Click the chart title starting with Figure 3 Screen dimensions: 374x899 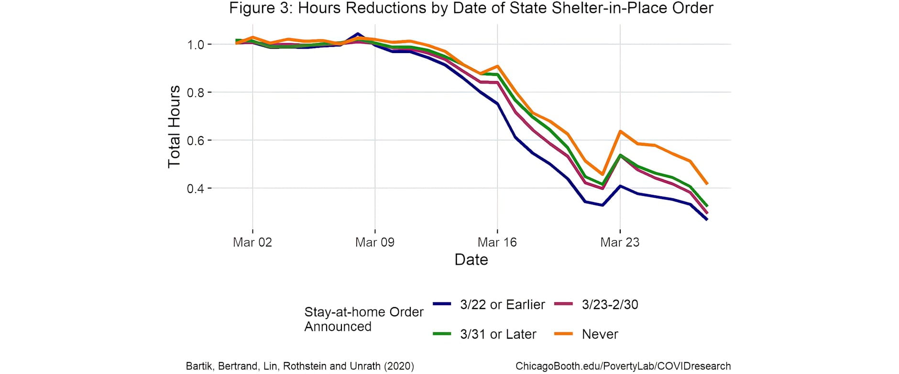[471, 8]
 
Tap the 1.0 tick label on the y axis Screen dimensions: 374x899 [196, 45]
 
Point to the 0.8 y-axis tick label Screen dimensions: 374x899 [196, 93]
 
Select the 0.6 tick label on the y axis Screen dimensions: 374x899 [196, 140]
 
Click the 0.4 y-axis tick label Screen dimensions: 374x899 [196, 189]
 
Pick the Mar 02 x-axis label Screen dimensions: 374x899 [252, 242]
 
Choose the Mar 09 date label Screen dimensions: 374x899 [375, 242]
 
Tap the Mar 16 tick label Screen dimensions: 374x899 [497, 242]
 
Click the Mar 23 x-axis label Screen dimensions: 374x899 [620, 242]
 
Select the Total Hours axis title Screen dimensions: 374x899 [174, 127]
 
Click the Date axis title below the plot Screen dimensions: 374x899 [471, 259]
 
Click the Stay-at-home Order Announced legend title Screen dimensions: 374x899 [364, 319]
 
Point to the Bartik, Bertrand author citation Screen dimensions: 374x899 [300, 366]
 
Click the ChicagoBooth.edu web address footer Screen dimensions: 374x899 [623, 366]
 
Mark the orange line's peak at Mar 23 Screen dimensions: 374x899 [620, 131]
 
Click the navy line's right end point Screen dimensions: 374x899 [707, 219]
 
